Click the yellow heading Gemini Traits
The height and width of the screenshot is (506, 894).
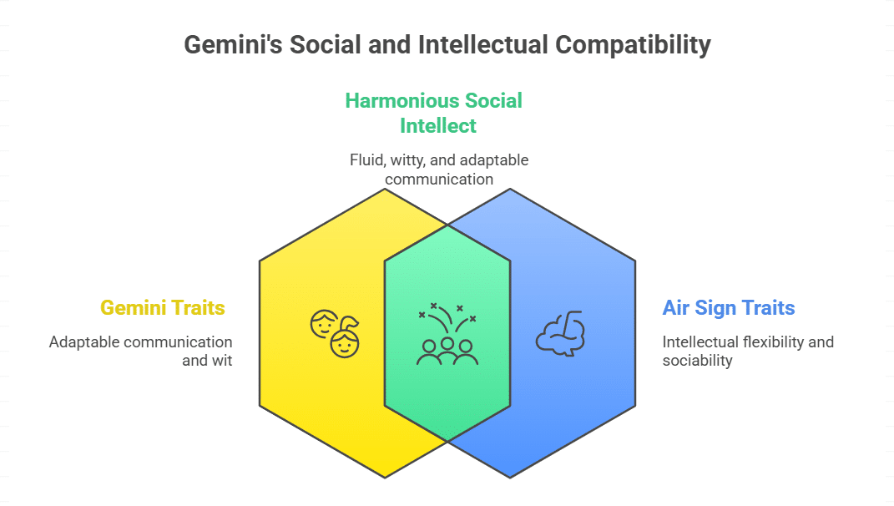click(x=163, y=308)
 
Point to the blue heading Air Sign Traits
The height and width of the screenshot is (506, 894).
click(x=729, y=308)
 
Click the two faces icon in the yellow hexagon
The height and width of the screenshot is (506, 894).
click(x=334, y=334)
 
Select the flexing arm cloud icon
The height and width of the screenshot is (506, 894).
click(x=560, y=334)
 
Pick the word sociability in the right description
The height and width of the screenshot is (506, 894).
click(x=698, y=361)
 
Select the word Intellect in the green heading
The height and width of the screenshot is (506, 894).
click(x=438, y=126)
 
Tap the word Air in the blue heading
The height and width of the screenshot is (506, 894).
click(x=678, y=308)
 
